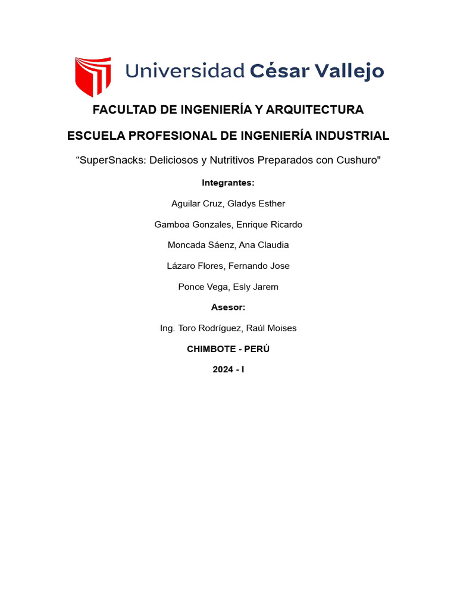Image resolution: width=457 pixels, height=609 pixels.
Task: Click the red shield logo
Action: (93, 76)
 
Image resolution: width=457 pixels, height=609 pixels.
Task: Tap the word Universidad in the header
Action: (184, 71)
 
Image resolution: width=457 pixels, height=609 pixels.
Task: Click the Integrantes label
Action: (228, 183)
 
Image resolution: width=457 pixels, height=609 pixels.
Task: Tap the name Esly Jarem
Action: (256, 287)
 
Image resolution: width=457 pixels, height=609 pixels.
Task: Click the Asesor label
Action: (228, 307)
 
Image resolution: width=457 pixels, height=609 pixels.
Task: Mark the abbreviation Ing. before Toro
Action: (168, 328)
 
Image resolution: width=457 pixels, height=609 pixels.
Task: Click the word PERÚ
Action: (258, 349)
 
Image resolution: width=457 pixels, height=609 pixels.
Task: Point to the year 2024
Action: (223, 370)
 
